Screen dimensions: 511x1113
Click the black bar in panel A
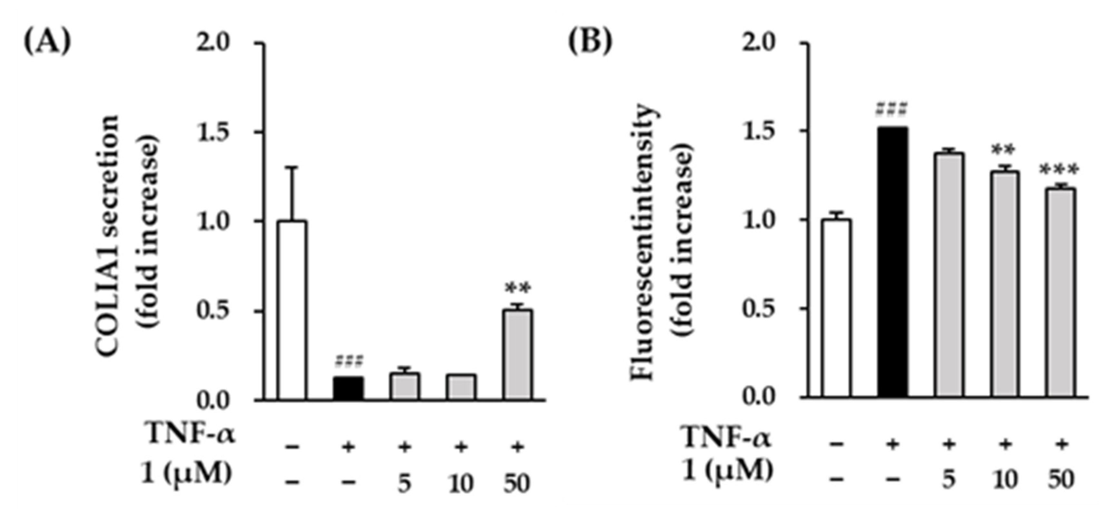tap(348, 388)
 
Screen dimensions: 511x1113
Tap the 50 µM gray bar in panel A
tap(517, 354)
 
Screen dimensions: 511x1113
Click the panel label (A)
tap(47, 42)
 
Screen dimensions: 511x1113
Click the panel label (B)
tap(590, 42)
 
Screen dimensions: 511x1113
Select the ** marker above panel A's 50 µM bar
tap(517, 288)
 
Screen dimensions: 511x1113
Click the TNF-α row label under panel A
tap(191, 434)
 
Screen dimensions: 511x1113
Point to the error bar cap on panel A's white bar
tap(293, 167)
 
